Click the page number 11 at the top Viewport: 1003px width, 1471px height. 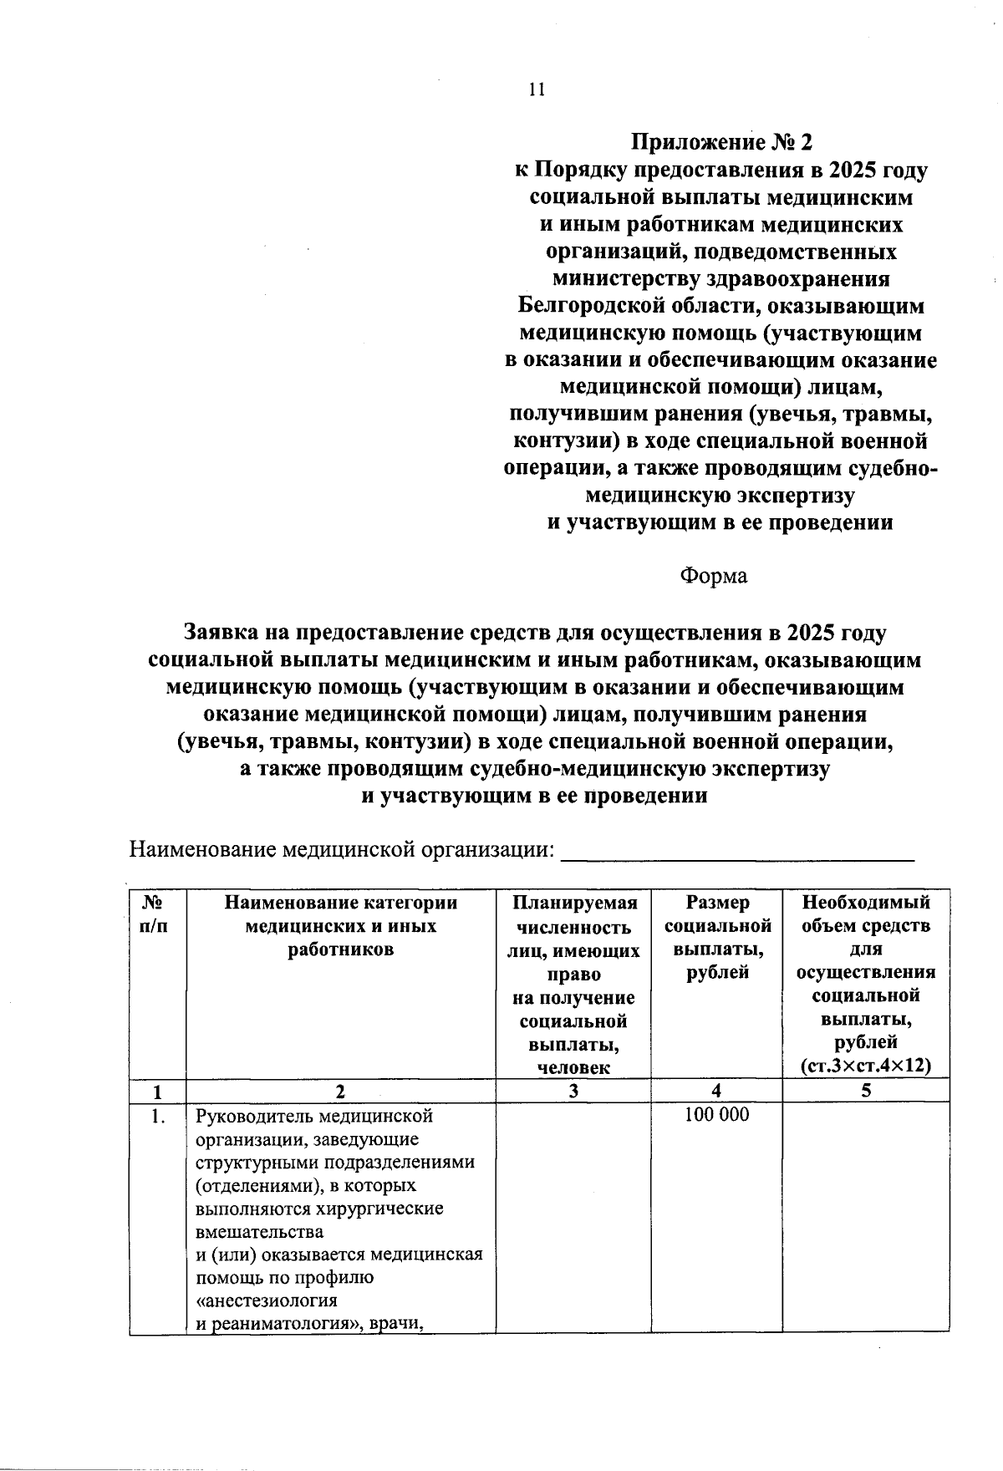pyautogui.click(x=537, y=89)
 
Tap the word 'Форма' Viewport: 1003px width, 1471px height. pyautogui.click(x=713, y=576)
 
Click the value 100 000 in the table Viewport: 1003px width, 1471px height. pyautogui.click(x=716, y=1114)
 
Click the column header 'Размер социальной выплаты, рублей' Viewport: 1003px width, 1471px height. pyautogui.click(x=716, y=937)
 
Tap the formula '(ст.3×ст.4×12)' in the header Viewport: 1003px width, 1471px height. pyautogui.click(x=865, y=1066)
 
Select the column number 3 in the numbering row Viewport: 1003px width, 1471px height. pyautogui.click(x=573, y=1090)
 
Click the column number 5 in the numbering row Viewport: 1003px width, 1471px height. pyautogui.click(x=866, y=1090)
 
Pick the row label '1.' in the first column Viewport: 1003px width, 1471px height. pyautogui.click(x=157, y=1116)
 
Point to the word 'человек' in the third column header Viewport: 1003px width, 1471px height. pyautogui.click(x=573, y=1067)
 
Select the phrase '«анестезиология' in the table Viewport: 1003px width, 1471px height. pyautogui.click(x=266, y=1300)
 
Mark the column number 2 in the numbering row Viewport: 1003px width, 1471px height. pyautogui.click(x=339, y=1090)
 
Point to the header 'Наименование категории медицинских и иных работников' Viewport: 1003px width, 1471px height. pyautogui.click(x=340, y=925)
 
